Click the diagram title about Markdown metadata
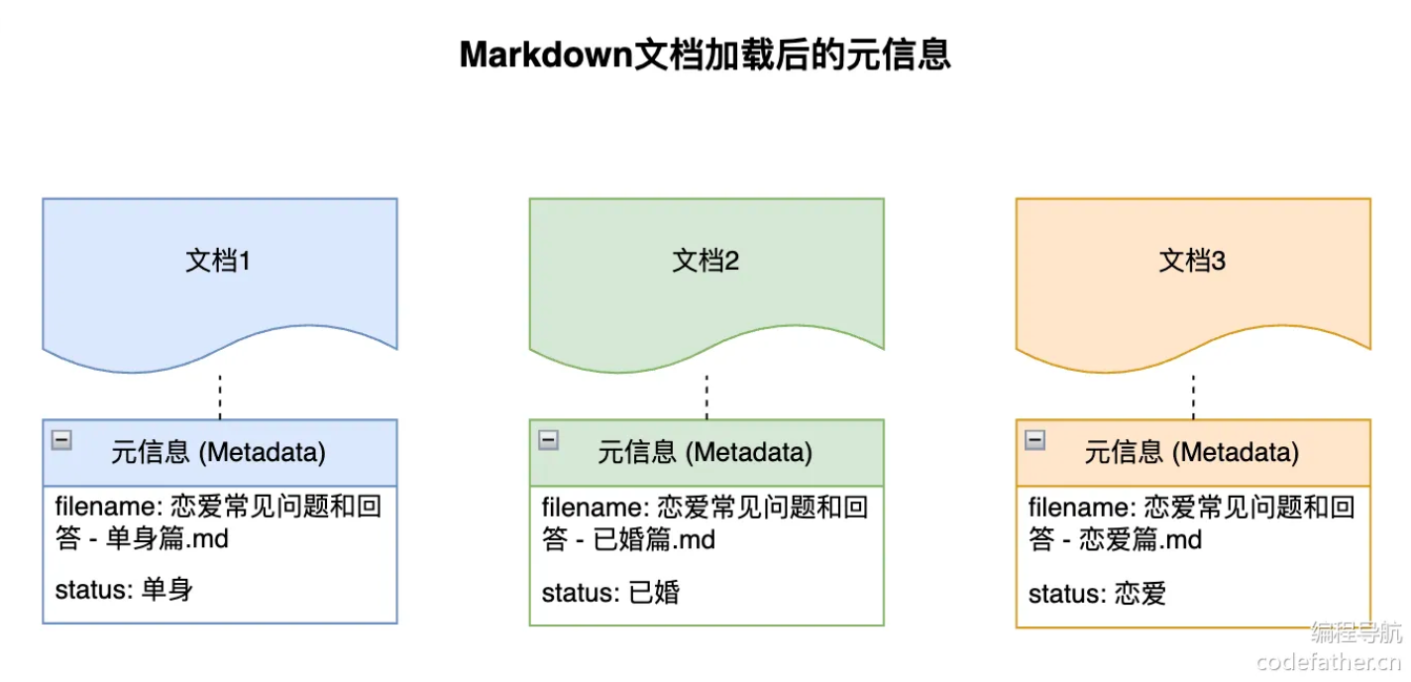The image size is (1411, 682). tap(705, 55)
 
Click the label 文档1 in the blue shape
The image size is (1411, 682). tap(218, 261)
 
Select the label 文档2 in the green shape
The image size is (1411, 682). tap(705, 261)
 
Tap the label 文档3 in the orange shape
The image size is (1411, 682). tap(1192, 261)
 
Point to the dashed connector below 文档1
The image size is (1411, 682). tap(220, 397)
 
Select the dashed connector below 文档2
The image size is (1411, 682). tap(706, 397)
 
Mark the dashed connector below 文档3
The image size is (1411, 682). tap(1193, 397)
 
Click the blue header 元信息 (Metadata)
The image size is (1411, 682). tap(218, 453)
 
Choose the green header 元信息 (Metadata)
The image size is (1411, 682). tap(705, 453)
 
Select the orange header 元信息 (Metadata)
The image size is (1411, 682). tap(1191, 453)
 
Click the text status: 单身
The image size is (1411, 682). tap(124, 591)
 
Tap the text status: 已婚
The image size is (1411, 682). tap(610, 594)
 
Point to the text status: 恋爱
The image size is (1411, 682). tap(1097, 594)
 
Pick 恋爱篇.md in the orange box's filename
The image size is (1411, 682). tap(1140, 540)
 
